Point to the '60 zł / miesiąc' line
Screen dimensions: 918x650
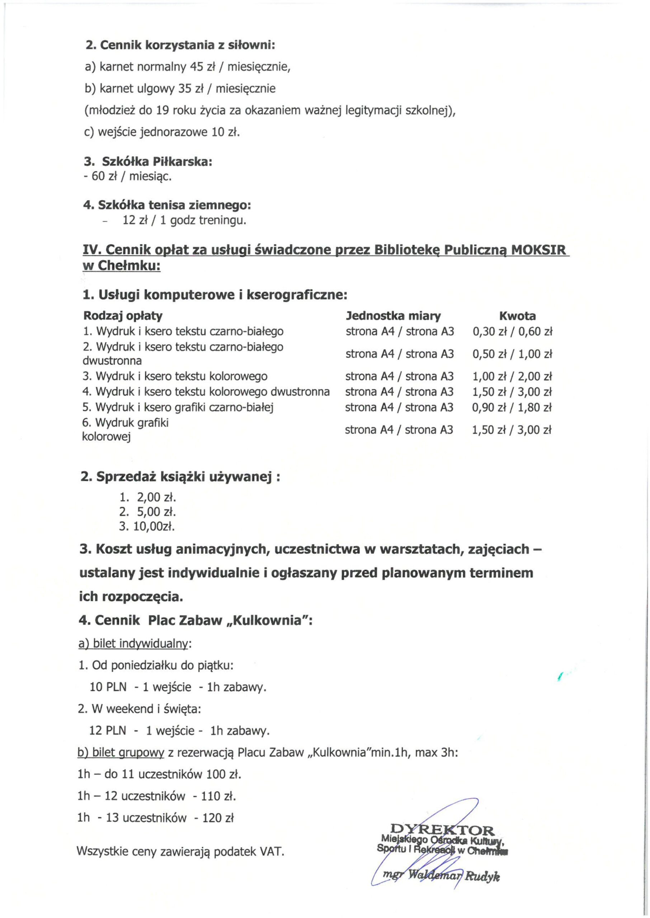coord(127,176)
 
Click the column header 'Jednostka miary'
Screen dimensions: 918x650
coord(393,316)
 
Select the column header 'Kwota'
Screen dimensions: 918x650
coord(517,316)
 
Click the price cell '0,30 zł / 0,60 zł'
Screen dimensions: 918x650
coord(512,332)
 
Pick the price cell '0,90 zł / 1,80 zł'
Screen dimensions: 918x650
coord(512,407)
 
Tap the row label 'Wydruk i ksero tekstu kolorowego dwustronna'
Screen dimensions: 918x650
coord(206,392)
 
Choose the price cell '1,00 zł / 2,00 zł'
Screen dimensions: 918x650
coord(512,377)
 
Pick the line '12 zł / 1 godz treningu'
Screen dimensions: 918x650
coord(184,221)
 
